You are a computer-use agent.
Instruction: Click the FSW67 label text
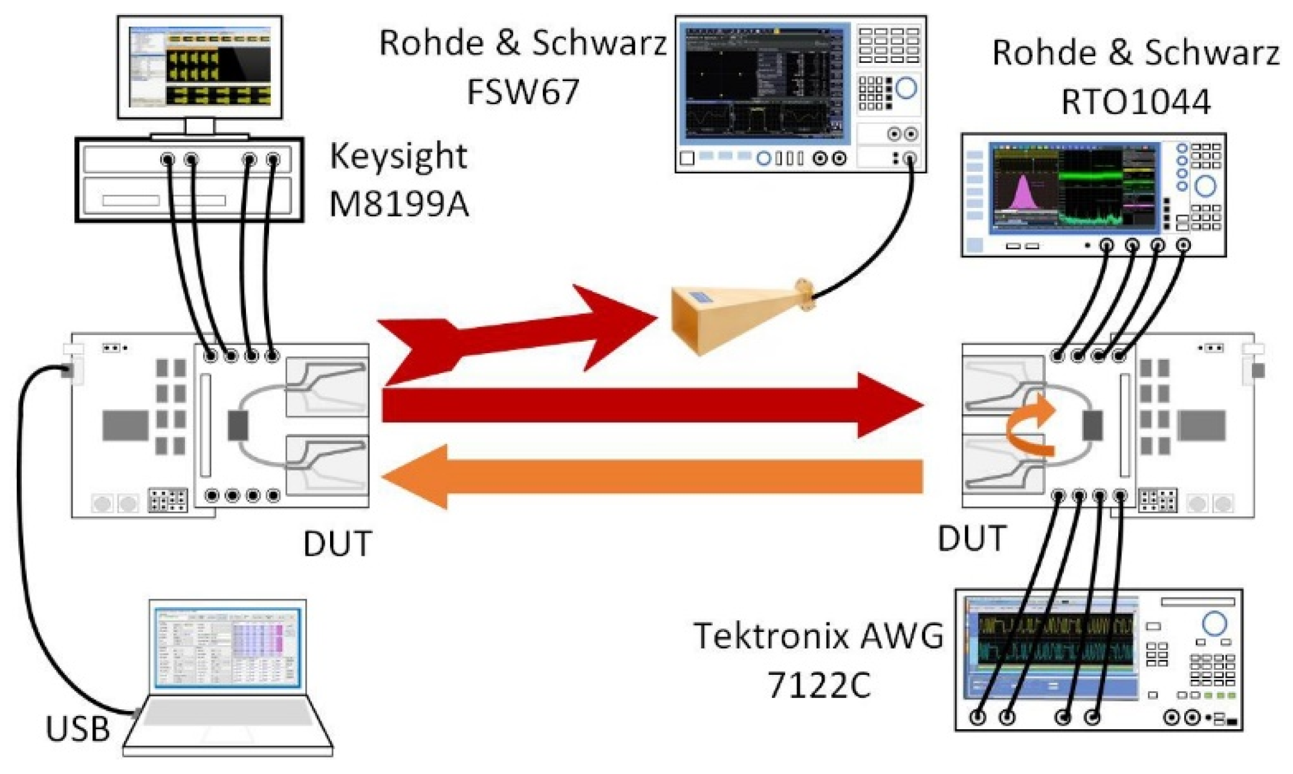click(x=523, y=92)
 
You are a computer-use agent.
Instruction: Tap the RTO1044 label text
click(x=1135, y=101)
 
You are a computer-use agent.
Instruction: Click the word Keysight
click(x=398, y=157)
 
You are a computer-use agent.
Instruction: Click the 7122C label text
click(x=818, y=685)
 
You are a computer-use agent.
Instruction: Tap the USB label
click(x=77, y=729)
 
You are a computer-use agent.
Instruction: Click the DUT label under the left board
click(x=337, y=544)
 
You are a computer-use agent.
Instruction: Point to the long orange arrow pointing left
click(x=653, y=477)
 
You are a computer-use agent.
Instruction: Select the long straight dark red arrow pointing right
click(x=653, y=405)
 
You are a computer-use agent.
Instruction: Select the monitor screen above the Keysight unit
click(x=199, y=67)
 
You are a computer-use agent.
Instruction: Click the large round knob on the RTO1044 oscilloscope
click(x=1205, y=186)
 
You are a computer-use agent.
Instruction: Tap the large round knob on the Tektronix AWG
click(x=1214, y=623)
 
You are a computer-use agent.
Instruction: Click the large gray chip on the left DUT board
click(x=125, y=424)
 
